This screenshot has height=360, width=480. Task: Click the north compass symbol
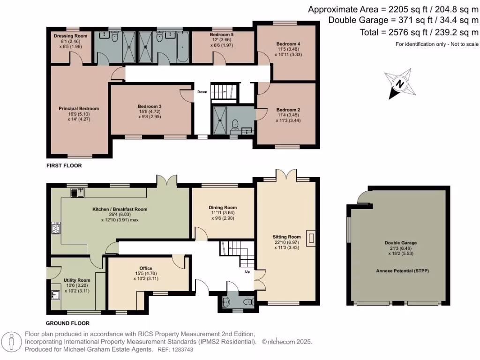(400, 84)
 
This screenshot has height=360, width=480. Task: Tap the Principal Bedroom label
(79, 109)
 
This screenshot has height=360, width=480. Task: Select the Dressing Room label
(70, 36)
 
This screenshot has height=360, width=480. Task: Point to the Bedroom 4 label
(288, 44)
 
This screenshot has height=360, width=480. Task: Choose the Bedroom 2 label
(288, 110)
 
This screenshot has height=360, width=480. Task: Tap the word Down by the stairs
(202, 92)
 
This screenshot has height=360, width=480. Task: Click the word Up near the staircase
(247, 271)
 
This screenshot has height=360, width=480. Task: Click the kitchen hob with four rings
(56, 228)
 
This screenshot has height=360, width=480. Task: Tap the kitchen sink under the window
(78, 192)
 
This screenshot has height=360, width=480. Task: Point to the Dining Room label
(223, 208)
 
